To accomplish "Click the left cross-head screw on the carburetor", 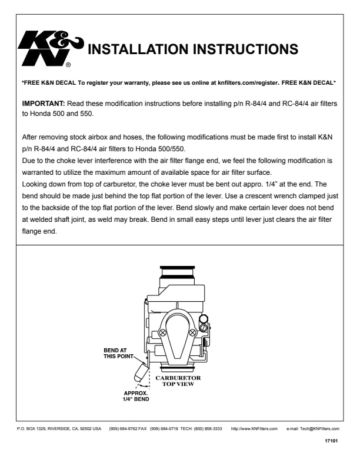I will pos(163,332).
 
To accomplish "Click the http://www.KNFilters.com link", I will pos(254,429).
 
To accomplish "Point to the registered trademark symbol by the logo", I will pos(69,65).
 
